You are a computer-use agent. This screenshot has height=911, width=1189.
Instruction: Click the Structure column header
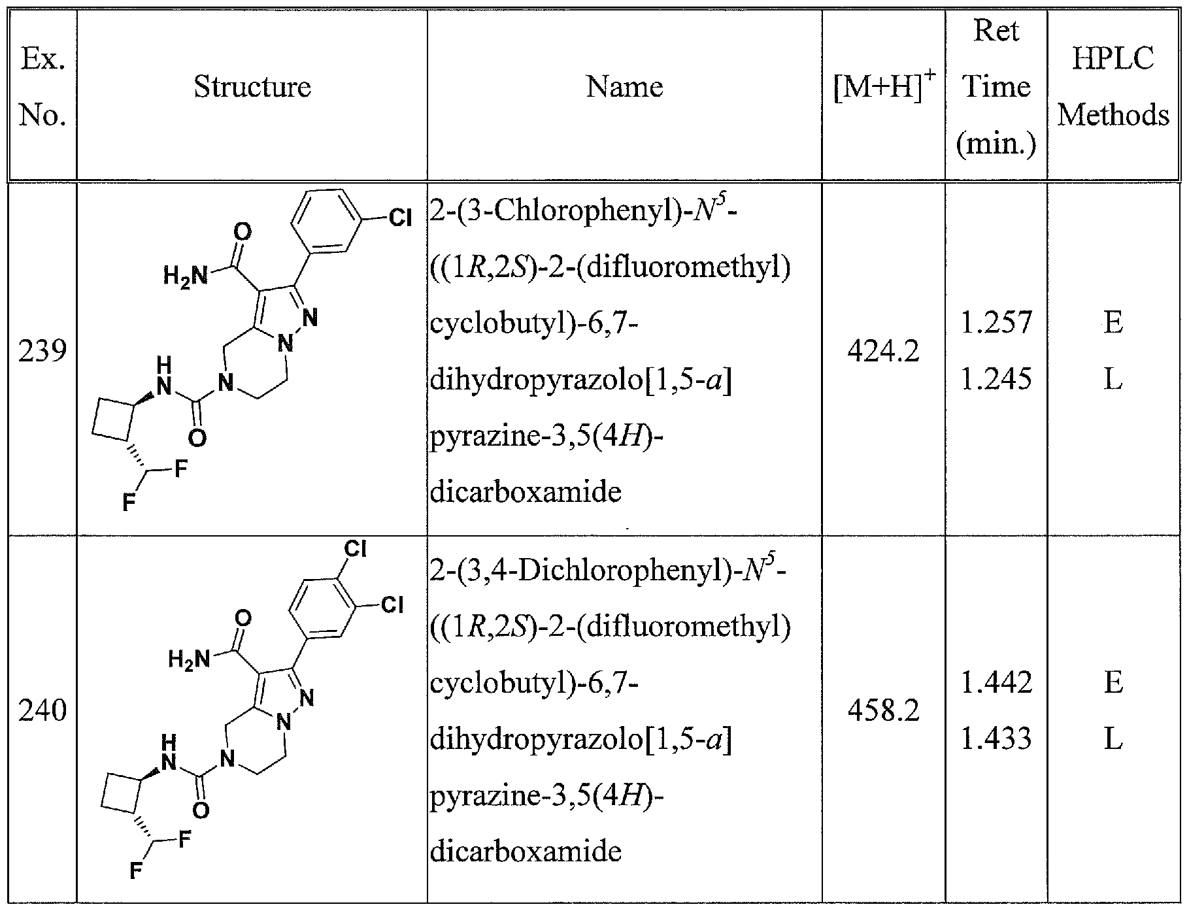(x=252, y=87)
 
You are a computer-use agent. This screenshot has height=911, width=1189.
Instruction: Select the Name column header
(x=624, y=87)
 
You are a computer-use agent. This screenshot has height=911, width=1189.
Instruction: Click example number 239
(x=42, y=352)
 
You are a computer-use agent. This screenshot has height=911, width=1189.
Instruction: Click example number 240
(x=42, y=710)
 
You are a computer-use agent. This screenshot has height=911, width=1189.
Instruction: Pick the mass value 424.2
(x=883, y=352)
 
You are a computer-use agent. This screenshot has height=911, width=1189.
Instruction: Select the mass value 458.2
(x=883, y=710)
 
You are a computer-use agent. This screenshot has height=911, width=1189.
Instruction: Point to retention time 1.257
(x=996, y=323)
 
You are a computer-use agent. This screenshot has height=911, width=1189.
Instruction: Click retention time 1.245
(x=996, y=379)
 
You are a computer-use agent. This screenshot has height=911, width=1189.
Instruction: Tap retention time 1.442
(x=996, y=682)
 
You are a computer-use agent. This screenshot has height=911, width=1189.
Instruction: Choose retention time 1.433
(x=996, y=738)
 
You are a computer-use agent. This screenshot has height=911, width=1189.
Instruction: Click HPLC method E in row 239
(x=1113, y=323)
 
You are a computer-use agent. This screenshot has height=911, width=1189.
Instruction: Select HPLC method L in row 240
(x=1113, y=738)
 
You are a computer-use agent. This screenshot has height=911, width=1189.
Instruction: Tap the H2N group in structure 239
(x=185, y=276)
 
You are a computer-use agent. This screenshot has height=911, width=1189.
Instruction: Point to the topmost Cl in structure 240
(x=355, y=549)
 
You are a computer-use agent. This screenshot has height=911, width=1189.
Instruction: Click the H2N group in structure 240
(x=189, y=659)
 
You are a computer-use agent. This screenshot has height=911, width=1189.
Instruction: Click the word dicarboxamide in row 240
(x=526, y=851)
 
